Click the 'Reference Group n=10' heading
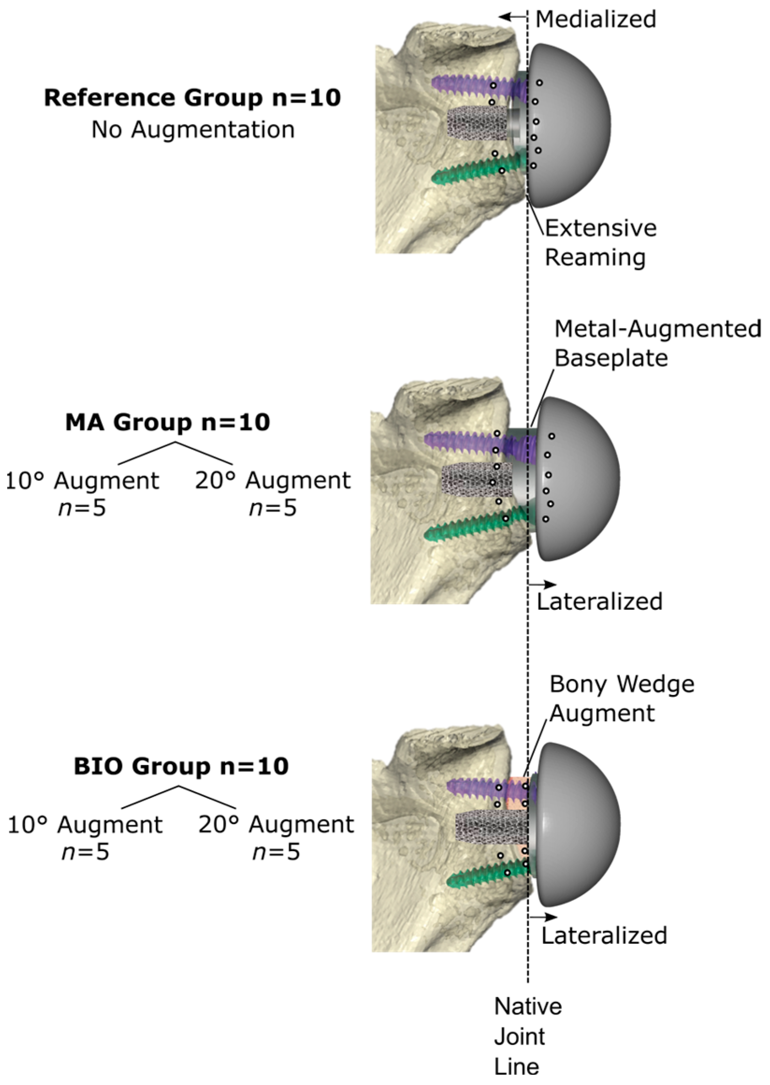[x=192, y=98]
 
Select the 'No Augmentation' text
[x=193, y=130]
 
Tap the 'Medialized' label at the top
[x=596, y=20]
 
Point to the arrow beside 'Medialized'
[x=512, y=16]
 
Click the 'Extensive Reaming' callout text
[x=600, y=243]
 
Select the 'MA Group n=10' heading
[x=167, y=422]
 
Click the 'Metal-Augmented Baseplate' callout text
[x=657, y=343]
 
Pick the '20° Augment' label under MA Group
[x=273, y=480]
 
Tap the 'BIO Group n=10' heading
[x=181, y=767]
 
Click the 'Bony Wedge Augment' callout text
[x=621, y=699]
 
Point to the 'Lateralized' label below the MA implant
[x=599, y=601]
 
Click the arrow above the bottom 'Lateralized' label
[x=543, y=917]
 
